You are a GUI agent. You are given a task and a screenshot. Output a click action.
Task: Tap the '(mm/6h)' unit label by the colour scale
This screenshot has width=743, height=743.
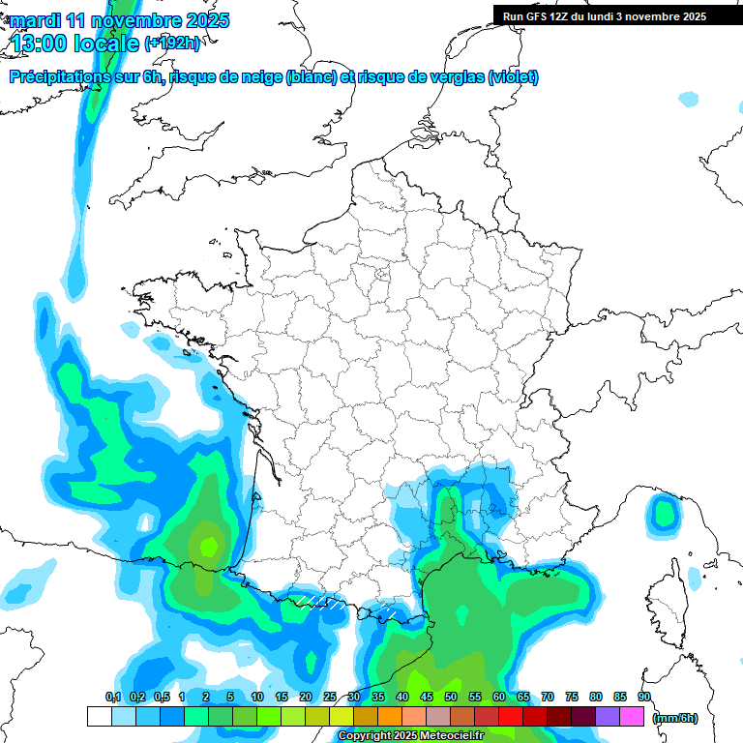pos(675,717)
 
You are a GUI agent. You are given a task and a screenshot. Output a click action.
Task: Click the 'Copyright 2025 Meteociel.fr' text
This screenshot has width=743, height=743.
pos(410,736)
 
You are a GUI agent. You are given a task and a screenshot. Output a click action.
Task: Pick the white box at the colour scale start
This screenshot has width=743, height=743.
pos(99,717)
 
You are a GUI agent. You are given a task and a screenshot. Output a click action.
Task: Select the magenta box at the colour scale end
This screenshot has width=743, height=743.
pos(633,717)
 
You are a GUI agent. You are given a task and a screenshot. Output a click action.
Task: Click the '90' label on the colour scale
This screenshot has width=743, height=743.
pos(644,697)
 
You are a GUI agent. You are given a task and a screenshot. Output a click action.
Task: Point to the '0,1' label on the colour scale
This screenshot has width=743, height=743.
pos(113,697)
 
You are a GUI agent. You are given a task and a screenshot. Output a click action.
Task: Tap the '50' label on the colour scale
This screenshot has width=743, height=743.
pos(451,697)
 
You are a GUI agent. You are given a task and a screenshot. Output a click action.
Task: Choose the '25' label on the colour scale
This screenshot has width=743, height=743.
pos(330,697)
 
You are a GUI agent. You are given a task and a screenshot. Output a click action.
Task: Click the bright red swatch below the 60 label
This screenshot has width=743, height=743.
pos(511,717)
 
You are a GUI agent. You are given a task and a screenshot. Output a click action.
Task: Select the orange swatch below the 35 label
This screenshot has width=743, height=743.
pos(390,717)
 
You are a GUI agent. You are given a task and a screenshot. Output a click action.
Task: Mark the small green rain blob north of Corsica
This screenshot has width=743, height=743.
pos(665,512)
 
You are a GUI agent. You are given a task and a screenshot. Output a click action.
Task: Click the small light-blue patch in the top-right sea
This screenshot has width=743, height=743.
pos(688,99)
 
